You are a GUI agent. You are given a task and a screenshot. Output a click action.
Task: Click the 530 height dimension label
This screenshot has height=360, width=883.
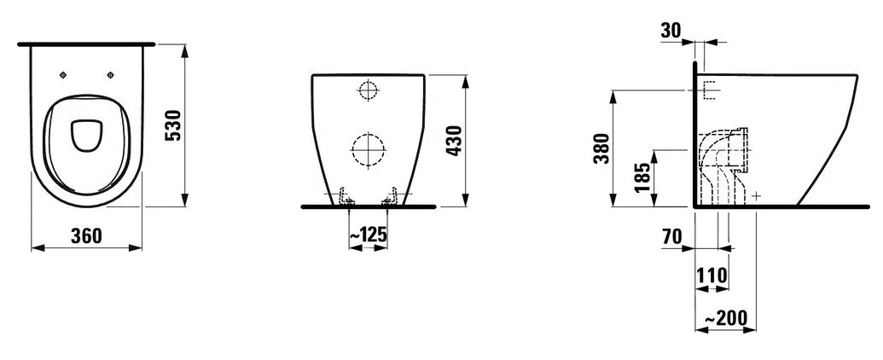point(175,125)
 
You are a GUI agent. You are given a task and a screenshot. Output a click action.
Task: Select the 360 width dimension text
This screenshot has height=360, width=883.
point(87,236)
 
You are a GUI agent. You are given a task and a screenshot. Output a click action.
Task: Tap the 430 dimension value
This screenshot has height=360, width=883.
point(454,141)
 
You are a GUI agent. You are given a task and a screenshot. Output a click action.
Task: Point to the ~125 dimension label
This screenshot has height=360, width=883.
point(369,235)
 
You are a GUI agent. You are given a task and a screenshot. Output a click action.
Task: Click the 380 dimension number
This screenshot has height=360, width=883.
point(602,148)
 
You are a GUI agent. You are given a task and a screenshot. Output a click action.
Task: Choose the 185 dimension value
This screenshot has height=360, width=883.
point(642,177)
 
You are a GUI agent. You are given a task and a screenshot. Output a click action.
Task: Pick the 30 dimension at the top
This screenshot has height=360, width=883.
point(671,31)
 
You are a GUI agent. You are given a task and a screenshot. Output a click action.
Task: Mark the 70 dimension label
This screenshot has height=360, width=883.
point(671,237)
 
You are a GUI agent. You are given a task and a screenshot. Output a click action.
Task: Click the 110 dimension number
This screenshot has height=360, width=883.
point(712,276)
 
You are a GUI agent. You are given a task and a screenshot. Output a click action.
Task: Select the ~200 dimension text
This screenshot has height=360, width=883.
point(725,318)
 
